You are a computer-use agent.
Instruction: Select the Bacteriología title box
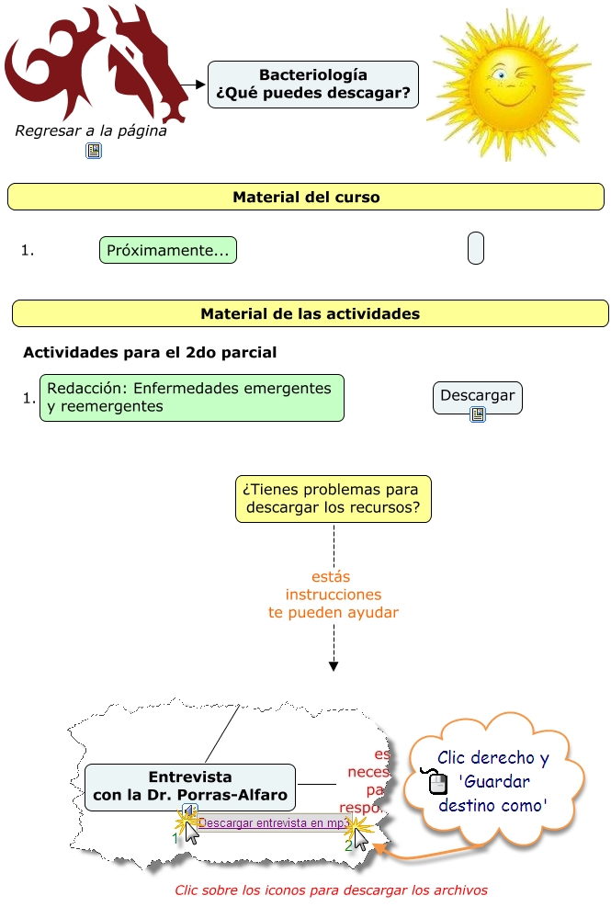pyautogui.click(x=312, y=85)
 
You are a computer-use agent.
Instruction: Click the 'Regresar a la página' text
pyautogui.click(x=91, y=130)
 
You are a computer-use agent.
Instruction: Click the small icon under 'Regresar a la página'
pyautogui.click(x=94, y=151)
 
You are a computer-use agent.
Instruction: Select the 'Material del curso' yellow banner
pyautogui.click(x=305, y=197)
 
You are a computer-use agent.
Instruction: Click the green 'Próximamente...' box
pyautogui.click(x=168, y=250)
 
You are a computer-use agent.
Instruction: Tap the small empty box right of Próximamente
pyautogui.click(x=475, y=249)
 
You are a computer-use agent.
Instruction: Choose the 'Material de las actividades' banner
pyautogui.click(x=310, y=313)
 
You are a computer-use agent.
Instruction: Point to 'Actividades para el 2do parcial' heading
pyautogui.click(x=150, y=352)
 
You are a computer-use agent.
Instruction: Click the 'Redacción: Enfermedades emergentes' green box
pyautogui.click(x=191, y=398)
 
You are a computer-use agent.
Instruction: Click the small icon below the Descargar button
pyautogui.click(x=477, y=415)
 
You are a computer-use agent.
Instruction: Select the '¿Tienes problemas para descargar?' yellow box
pyautogui.click(x=333, y=498)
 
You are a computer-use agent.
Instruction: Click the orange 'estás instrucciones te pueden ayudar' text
pyautogui.click(x=333, y=595)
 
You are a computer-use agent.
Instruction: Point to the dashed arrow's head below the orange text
pyautogui.click(x=333, y=666)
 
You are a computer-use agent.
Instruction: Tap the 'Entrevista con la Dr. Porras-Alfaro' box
pyautogui.click(x=190, y=787)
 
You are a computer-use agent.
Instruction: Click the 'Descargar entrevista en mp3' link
pyautogui.click(x=272, y=823)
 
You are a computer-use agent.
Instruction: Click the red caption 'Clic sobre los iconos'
pyautogui.click(x=331, y=890)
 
